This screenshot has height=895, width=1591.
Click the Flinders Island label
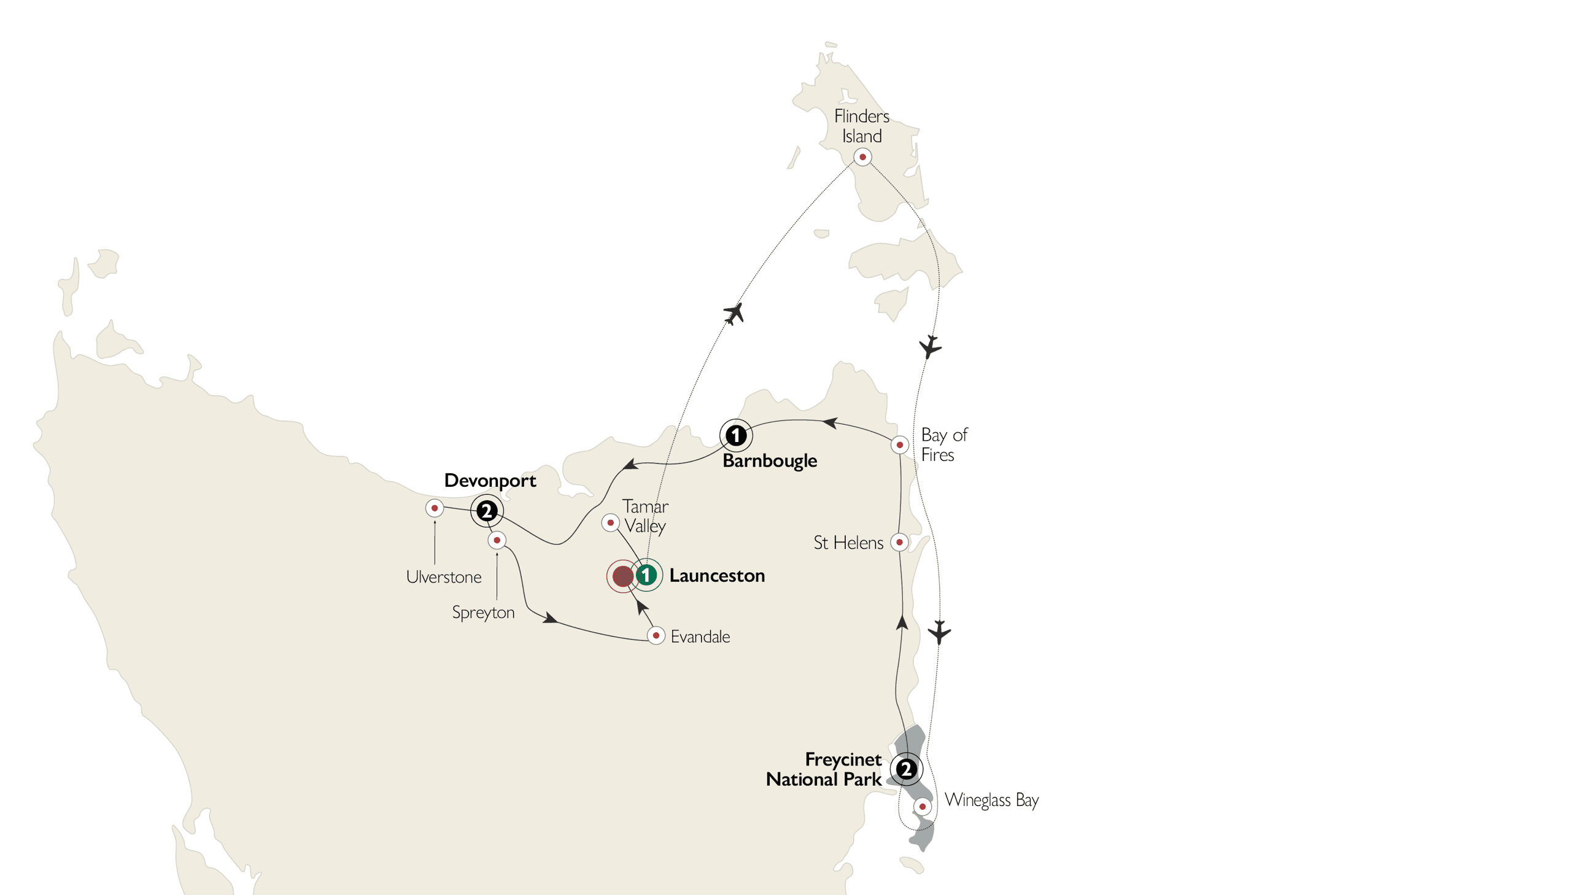862,126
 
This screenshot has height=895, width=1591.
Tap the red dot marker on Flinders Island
862,157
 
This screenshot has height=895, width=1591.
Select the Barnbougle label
770,461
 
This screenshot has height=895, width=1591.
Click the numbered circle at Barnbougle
735,435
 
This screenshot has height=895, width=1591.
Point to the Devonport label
490,481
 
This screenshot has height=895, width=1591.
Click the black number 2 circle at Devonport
487,511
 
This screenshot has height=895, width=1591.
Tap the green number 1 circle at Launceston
646,575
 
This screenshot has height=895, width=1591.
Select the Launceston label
717,576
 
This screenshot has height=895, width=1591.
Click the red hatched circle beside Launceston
622,576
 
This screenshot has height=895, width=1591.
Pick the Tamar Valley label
645,516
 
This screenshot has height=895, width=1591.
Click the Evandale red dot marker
656,635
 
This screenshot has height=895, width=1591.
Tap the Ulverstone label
443,577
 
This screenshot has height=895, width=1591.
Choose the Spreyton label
483,612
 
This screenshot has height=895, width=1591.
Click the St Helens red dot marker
899,542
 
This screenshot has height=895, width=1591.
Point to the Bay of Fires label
943,444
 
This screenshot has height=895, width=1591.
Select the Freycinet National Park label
824,769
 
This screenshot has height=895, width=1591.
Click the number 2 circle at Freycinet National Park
906,770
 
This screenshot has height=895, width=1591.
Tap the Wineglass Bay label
991,800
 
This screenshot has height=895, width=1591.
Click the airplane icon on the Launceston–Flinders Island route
734,313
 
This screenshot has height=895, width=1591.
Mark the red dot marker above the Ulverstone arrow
435,508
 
